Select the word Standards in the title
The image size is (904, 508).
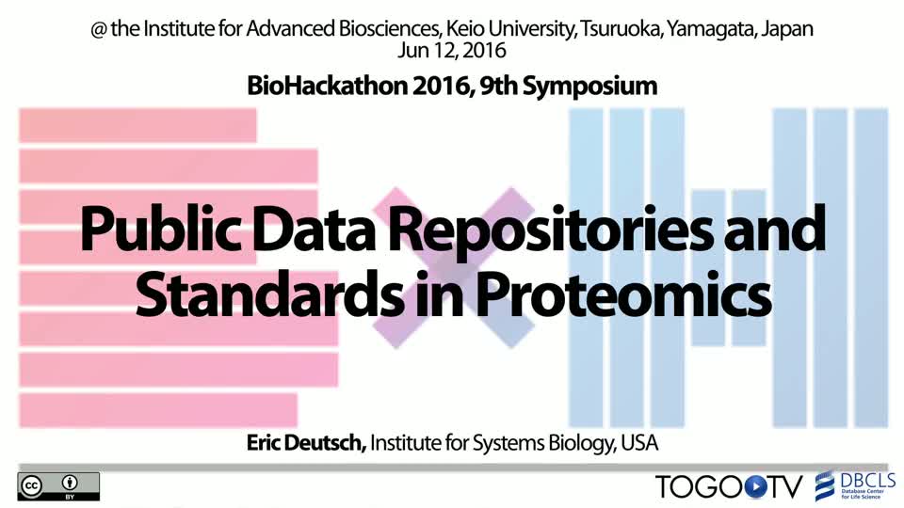pyautogui.click(x=270, y=294)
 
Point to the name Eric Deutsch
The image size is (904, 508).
pyautogui.click(x=306, y=443)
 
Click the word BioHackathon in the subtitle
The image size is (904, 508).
pyautogui.click(x=327, y=86)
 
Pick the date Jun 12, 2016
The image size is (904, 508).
pyautogui.click(x=452, y=50)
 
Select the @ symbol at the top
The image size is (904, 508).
pyautogui.click(x=99, y=29)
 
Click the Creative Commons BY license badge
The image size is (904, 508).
pyautogui.click(x=58, y=486)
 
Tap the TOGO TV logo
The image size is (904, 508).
pyautogui.click(x=729, y=486)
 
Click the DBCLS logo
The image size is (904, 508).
pyautogui.click(x=855, y=486)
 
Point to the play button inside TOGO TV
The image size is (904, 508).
pyautogui.click(x=755, y=487)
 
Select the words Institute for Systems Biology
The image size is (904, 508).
pyautogui.click(x=491, y=443)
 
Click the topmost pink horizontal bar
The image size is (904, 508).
pyautogui.click(x=137, y=125)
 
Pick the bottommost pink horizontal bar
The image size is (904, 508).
pyautogui.click(x=158, y=411)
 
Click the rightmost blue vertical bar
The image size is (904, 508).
pyautogui.click(x=871, y=268)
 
